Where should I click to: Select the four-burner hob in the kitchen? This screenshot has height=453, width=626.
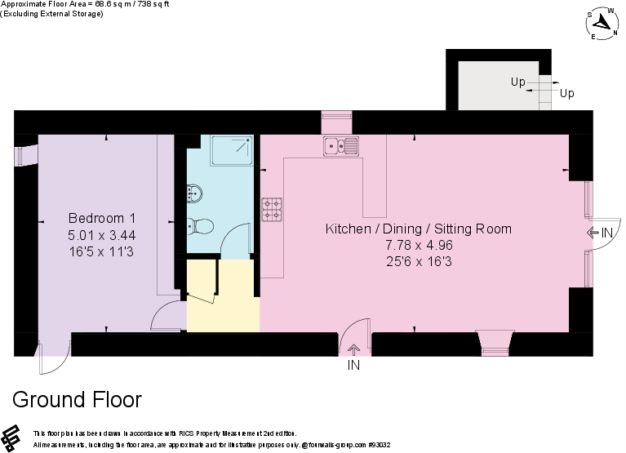click(x=272, y=210)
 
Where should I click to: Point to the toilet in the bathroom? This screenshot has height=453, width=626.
click(x=200, y=226)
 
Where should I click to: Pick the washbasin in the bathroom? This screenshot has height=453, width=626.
click(x=195, y=193)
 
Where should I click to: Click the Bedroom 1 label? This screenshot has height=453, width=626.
click(x=101, y=219)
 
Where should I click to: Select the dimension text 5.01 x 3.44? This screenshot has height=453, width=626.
click(x=101, y=235)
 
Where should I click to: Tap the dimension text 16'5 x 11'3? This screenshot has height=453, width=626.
click(x=101, y=251)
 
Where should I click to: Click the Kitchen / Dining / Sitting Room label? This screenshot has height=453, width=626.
click(x=419, y=229)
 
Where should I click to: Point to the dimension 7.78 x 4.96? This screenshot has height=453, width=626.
click(x=419, y=245)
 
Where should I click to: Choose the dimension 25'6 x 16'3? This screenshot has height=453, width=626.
click(x=419, y=261)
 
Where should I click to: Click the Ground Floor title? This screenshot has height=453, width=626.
click(x=78, y=400)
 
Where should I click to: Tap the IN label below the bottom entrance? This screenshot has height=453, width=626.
click(x=353, y=366)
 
